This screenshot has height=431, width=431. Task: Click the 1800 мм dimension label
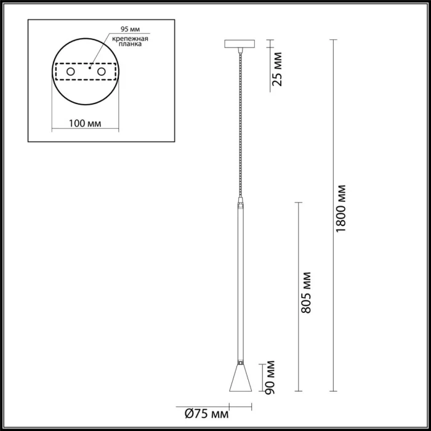tap(342, 207)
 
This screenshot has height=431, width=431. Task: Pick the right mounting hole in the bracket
tap(102, 73)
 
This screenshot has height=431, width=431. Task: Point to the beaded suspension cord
tap(240, 123)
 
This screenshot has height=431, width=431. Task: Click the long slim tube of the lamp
tap(240, 283)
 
